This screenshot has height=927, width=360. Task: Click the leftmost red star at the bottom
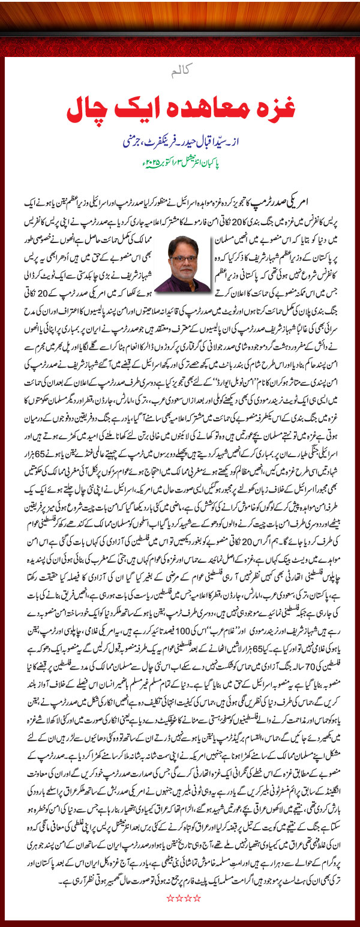(x=169, y=897)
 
